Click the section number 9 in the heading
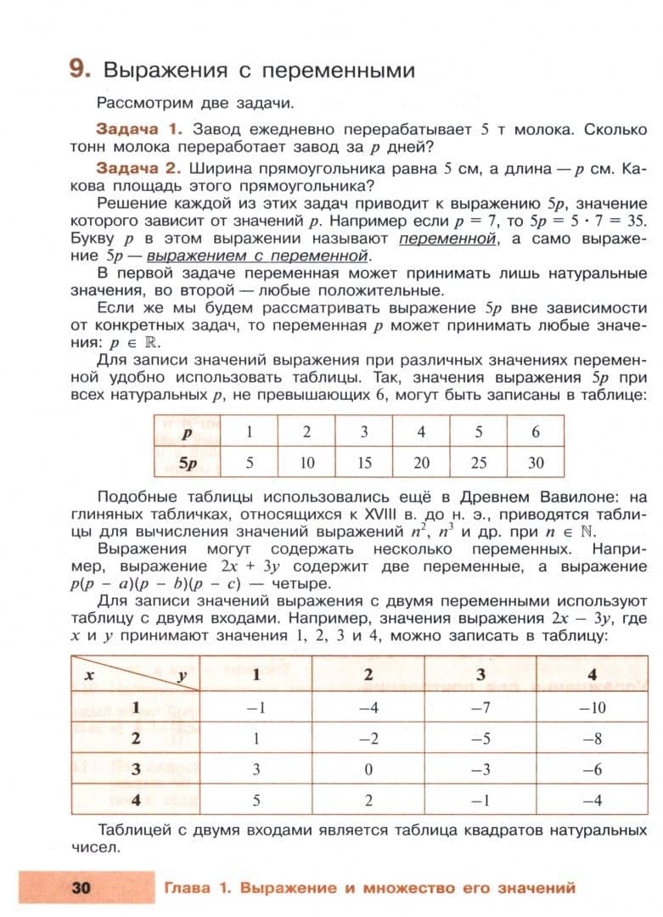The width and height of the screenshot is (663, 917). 79,69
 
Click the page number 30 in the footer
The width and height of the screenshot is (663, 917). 81,889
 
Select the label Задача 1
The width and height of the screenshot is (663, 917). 140,130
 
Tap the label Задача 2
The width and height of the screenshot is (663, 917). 140,169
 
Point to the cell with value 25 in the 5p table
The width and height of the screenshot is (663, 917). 478,463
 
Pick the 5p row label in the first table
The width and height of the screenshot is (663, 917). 188,463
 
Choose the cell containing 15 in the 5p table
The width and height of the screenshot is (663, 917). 363,463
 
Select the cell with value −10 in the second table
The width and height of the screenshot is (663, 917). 592,706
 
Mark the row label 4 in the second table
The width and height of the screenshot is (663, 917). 135,800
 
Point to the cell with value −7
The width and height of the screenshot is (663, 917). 480,706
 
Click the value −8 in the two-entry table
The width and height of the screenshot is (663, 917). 592,738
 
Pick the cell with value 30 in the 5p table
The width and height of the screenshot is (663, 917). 536,463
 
